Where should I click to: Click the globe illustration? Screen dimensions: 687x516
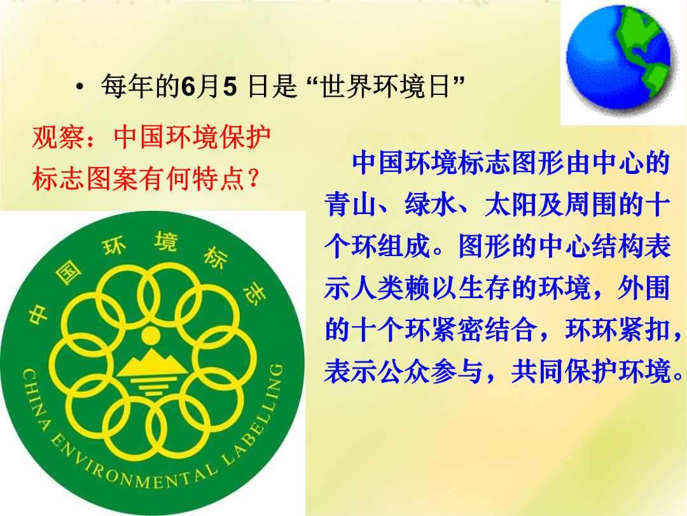point(619,57)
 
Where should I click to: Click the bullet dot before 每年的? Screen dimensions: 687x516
point(80,87)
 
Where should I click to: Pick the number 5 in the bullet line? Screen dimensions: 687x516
point(230,86)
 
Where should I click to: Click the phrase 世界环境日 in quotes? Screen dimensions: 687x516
point(385,86)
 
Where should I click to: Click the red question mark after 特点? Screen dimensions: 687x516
point(253,179)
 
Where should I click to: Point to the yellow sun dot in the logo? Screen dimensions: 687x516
point(151,336)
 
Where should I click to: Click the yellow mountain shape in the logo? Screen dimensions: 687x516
point(151,364)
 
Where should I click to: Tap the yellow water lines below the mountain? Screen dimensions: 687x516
point(151,386)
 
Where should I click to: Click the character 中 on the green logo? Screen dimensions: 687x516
point(39,313)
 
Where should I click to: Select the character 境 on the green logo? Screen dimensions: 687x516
point(166,242)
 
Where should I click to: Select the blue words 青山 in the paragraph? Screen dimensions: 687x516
point(351,204)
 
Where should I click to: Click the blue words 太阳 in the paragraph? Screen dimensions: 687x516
point(511,204)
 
